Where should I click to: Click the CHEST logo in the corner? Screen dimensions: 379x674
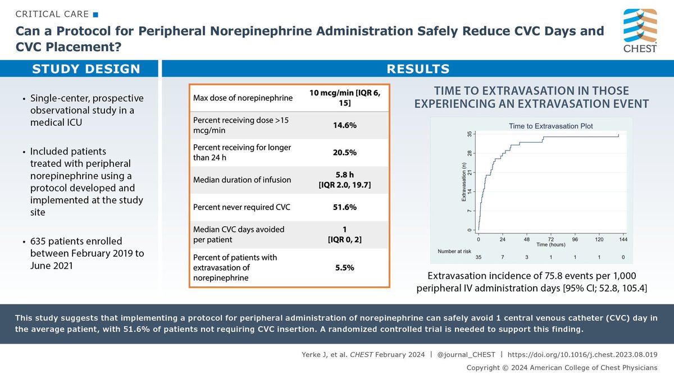click(x=640, y=30)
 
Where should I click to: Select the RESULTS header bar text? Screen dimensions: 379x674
click(x=418, y=69)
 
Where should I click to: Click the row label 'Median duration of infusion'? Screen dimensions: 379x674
click(x=242, y=180)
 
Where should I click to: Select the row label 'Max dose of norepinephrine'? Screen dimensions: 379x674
click(x=242, y=99)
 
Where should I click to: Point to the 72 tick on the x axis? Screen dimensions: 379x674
click(x=551, y=239)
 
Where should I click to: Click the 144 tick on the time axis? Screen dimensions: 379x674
click(x=622, y=239)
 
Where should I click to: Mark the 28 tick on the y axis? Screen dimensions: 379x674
click(x=469, y=153)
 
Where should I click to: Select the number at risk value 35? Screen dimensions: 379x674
click(x=479, y=257)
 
